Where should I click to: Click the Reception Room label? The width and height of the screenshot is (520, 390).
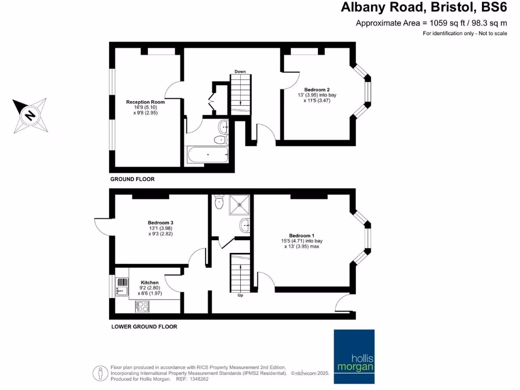pyautogui.click(x=145, y=102)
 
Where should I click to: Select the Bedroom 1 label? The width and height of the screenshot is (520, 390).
pyautogui.click(x=302, y=236)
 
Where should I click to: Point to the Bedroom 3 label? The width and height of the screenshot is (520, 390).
pyautogui.click(x=160, y=223)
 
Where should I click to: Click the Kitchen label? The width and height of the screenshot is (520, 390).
pyautogui.click(x=150, y=282)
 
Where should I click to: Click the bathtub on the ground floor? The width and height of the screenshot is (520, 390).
pyautogui.click(x=207, y=155)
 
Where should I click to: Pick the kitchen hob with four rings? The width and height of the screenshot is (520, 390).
pyautogui.click(x=142, y=306)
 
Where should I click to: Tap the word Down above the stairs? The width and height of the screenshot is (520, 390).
pyautogui.click(x=240, y=72)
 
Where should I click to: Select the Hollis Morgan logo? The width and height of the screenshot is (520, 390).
pyautogui.click(x=354, y=356)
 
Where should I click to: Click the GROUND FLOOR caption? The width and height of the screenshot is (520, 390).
pyautogui.click(x=133, y=179)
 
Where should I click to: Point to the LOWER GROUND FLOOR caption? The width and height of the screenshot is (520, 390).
pyautogui.click(x=144, y=327)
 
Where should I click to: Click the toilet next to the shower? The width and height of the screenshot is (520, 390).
pyautogui.click(x=219, y=202)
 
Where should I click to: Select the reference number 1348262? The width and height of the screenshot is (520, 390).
pyautogui.click(x=199, y=379)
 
